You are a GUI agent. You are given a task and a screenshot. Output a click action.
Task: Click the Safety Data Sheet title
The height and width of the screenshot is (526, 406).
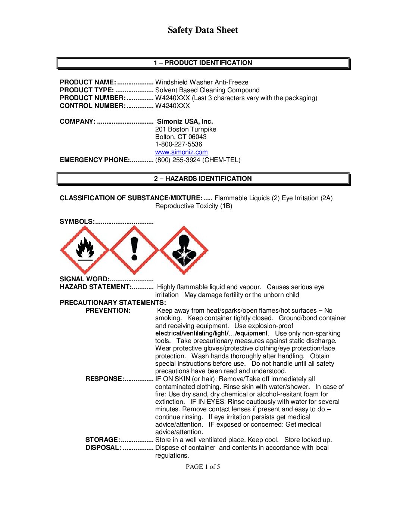pyautogui.click(x=203, y=30)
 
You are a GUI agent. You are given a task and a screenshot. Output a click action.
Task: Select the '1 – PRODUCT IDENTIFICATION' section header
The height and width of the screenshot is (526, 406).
pyautogui.click(x=203, y=63)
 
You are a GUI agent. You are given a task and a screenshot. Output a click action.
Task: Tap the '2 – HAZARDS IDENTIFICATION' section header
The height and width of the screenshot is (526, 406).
pyautogui.click(x=203, y=179)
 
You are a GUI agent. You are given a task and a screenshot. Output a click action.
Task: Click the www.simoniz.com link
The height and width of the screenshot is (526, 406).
pyautogui.click(x=181, y=152)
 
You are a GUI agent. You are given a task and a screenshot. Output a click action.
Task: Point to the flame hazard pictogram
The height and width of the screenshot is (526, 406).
pyautogui.click(x=85, y=250)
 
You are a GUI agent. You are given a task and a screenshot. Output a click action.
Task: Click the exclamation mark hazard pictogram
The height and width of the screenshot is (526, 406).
pyautogui.click(x=134, y=250)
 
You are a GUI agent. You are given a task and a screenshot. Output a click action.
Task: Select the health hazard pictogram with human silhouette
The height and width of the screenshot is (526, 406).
pyautogui.click(x=184, y=250)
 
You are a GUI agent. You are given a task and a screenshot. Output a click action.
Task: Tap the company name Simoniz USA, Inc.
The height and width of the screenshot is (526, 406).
pyautogui.click(x=185, y=121)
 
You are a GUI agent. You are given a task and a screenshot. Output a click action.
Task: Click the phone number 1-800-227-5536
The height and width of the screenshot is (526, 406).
pyautogui.click(x=178, y=144)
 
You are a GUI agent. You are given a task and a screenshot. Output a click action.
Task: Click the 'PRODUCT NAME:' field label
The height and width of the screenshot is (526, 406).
pyautogui.click(x=88, y=82)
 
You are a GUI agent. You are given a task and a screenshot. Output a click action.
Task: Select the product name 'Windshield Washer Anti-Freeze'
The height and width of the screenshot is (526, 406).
pyautogui.click(x=202, y=82)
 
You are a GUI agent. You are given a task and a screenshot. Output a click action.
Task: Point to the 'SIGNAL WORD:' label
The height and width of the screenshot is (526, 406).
pyautogui.click(x=84, y=279)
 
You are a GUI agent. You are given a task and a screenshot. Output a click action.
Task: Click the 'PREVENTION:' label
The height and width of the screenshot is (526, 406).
pyautogui.click(x=108, y=310)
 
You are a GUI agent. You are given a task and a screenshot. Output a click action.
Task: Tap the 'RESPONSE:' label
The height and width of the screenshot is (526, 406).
pyautogui.click(x=104, y=379)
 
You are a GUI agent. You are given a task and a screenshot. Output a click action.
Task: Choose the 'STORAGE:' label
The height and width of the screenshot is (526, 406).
pyautogui.click(x=103, y=440)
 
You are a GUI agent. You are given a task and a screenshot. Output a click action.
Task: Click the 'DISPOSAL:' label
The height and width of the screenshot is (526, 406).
pyautogui.click(x=103, y=448)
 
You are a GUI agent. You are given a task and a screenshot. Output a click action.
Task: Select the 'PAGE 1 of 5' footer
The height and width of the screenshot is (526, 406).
pyautogui.click(x=203, y=467)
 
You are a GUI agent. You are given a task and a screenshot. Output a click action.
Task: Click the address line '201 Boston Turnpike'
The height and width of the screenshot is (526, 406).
pyautogui.click(x=185, y=129)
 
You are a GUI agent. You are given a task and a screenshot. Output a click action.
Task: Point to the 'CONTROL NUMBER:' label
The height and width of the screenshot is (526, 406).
pyautogui.click(x=93, y=106)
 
